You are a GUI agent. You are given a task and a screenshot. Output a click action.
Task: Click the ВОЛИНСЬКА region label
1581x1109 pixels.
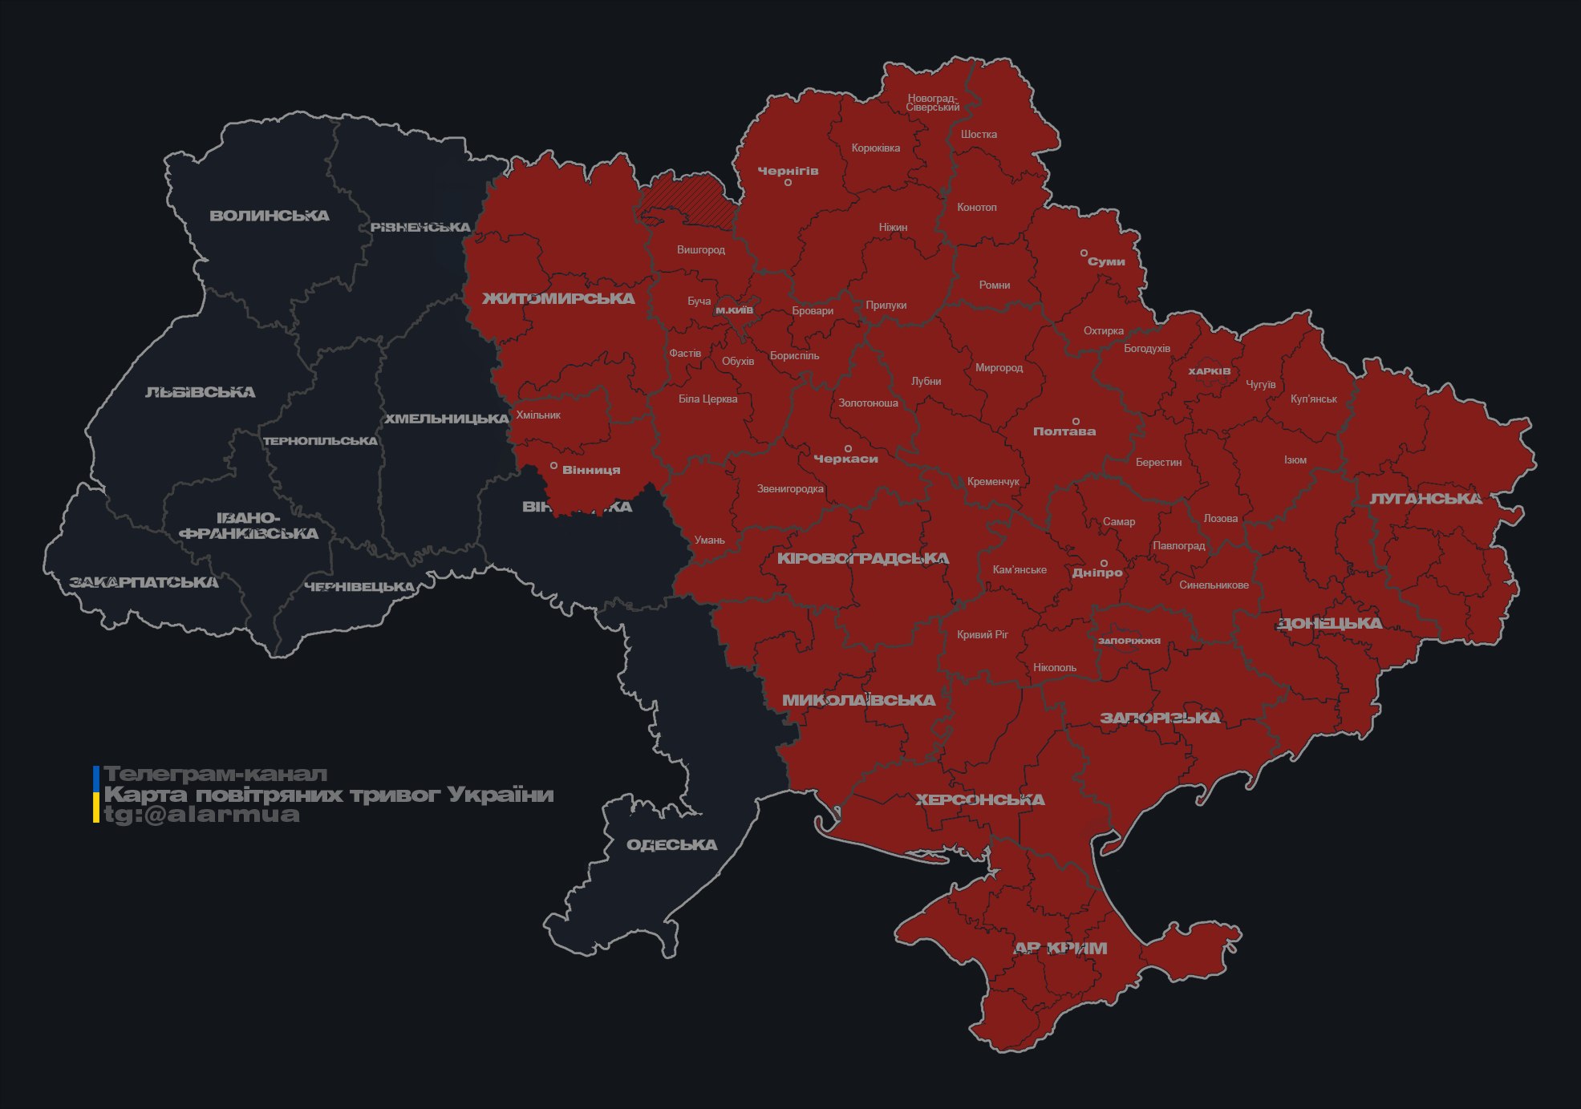coord(269,216)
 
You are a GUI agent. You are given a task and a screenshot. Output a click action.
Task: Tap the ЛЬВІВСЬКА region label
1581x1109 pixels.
coord(200,392)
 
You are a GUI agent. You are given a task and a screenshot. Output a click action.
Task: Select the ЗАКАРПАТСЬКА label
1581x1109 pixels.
coord(144,582)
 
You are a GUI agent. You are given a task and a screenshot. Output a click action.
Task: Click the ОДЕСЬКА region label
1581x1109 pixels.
coord(671,845)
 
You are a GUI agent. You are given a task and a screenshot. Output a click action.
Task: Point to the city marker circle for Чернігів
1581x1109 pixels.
coord(788,183)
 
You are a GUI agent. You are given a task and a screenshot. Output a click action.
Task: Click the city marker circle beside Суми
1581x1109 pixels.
coord(1084,253)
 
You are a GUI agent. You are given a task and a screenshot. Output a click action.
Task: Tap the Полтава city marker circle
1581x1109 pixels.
coord(1076,421)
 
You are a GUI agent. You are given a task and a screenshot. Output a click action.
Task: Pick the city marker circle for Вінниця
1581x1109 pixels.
coord(553,466)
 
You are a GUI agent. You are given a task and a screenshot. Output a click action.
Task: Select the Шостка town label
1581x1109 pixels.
coord(979,134)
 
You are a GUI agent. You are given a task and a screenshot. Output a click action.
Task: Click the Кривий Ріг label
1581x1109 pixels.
coord(983,634)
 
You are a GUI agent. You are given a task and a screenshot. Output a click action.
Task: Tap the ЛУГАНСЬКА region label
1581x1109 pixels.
coord(1425,499)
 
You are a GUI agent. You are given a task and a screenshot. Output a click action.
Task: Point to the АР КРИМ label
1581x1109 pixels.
coord(1060,949)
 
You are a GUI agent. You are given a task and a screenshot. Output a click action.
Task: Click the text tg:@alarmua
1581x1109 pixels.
coord(202,815)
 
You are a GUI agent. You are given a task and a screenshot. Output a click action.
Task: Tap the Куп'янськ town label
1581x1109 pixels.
coord(1313,399)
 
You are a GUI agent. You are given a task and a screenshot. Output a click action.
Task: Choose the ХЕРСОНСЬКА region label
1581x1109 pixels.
coord(979,799)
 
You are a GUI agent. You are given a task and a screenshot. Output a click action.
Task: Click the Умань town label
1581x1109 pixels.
coord(709,540)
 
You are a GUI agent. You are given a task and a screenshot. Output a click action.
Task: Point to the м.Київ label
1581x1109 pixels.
coord(734,310)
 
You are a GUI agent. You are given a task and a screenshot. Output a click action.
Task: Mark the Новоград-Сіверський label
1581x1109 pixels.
coord(932,103)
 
